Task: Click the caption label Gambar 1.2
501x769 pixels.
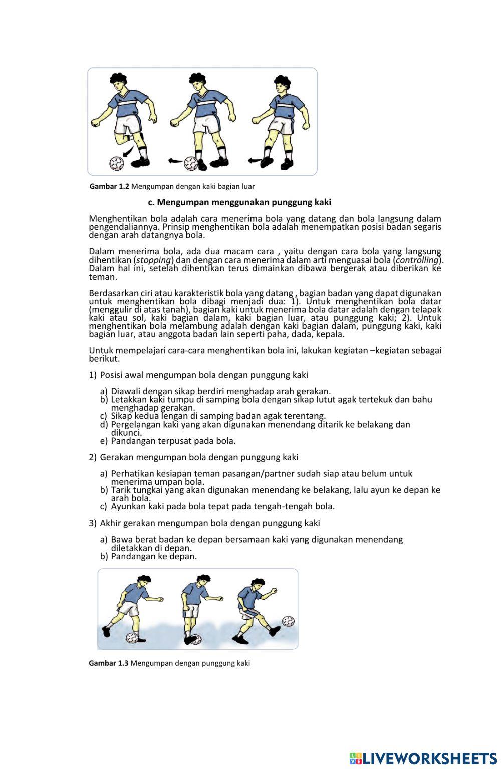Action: click(x=109, y=186)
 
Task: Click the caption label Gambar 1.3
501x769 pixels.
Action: click(x=109, y=663)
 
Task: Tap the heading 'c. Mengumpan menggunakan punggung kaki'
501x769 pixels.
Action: click(x=239, y=202)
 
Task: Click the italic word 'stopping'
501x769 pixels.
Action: click(x=154, y=260)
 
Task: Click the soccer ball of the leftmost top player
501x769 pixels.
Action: click(x=116, y=163)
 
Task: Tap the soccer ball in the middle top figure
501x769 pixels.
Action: click(x=191, y=163)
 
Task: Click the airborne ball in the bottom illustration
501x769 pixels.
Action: click(x=288, y=621)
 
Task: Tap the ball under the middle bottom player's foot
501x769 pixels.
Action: click(x=195, y=639)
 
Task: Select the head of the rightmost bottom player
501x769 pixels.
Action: click(x=258, y=585)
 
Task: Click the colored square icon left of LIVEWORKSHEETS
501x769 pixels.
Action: click(x=356, y=758)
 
